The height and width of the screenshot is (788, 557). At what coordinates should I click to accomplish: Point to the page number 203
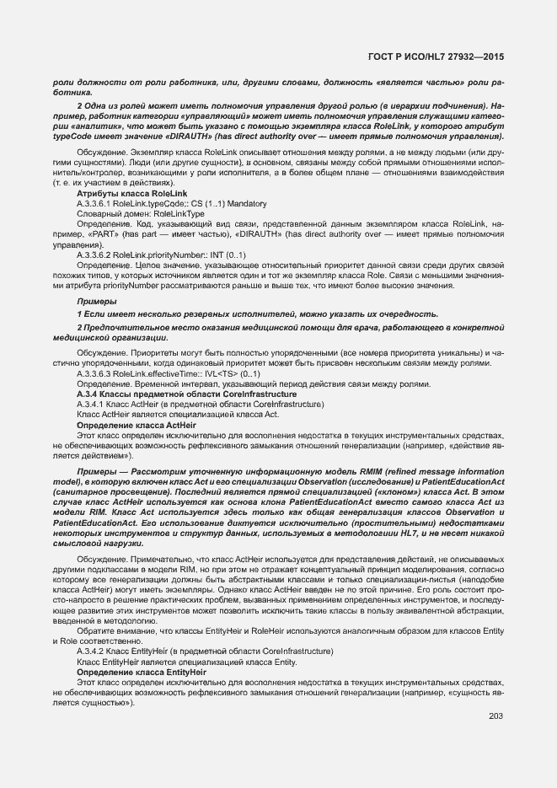[x=495, y=716]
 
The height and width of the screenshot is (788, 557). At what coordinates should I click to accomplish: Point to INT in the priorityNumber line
[x=211, y=255]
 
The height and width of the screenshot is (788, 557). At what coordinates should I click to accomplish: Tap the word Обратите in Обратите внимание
[x=97, y=631]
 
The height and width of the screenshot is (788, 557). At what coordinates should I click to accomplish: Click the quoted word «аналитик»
[x=101, y=126]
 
